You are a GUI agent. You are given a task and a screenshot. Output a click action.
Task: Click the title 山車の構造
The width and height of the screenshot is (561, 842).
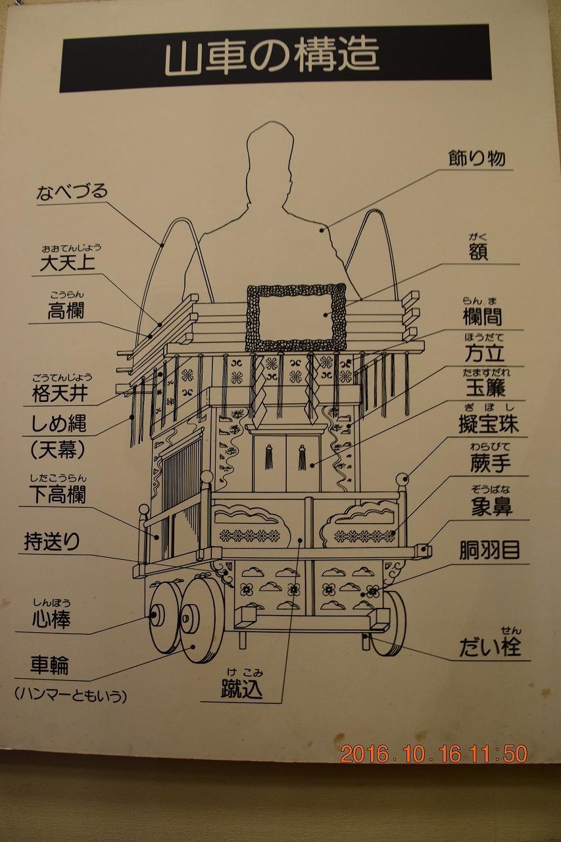click(272, 58)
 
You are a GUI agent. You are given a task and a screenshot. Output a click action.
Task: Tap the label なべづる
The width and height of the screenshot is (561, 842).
click(72, 193)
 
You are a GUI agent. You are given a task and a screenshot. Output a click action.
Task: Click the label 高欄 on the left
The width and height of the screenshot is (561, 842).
click(65, 310)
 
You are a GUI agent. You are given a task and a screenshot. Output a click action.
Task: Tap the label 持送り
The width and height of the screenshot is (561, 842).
click(52, 541)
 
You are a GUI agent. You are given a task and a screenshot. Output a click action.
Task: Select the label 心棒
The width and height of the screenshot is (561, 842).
click(51, 618)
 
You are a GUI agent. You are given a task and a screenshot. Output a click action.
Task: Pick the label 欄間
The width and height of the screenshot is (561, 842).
click(482, 316)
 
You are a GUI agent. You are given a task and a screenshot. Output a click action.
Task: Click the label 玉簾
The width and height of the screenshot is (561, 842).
click(485, 388)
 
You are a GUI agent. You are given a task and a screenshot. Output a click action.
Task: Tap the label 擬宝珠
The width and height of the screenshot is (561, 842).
click(488, 424)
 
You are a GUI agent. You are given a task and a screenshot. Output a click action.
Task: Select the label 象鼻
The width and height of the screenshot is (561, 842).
click(491, 506)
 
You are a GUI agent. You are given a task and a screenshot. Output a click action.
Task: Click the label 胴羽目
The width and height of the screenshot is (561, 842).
click(489, 551)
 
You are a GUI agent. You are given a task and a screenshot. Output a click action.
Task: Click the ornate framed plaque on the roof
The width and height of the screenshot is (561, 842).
click(295, 317)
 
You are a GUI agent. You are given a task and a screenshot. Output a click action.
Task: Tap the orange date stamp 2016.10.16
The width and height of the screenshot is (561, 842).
click(402, 753)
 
